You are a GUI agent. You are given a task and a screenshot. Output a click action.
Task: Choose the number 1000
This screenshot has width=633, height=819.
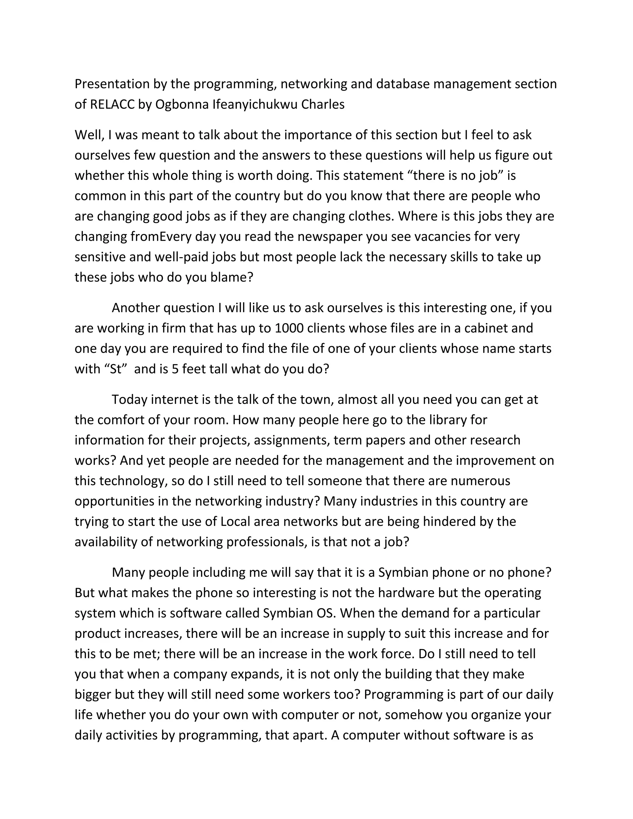289,328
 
